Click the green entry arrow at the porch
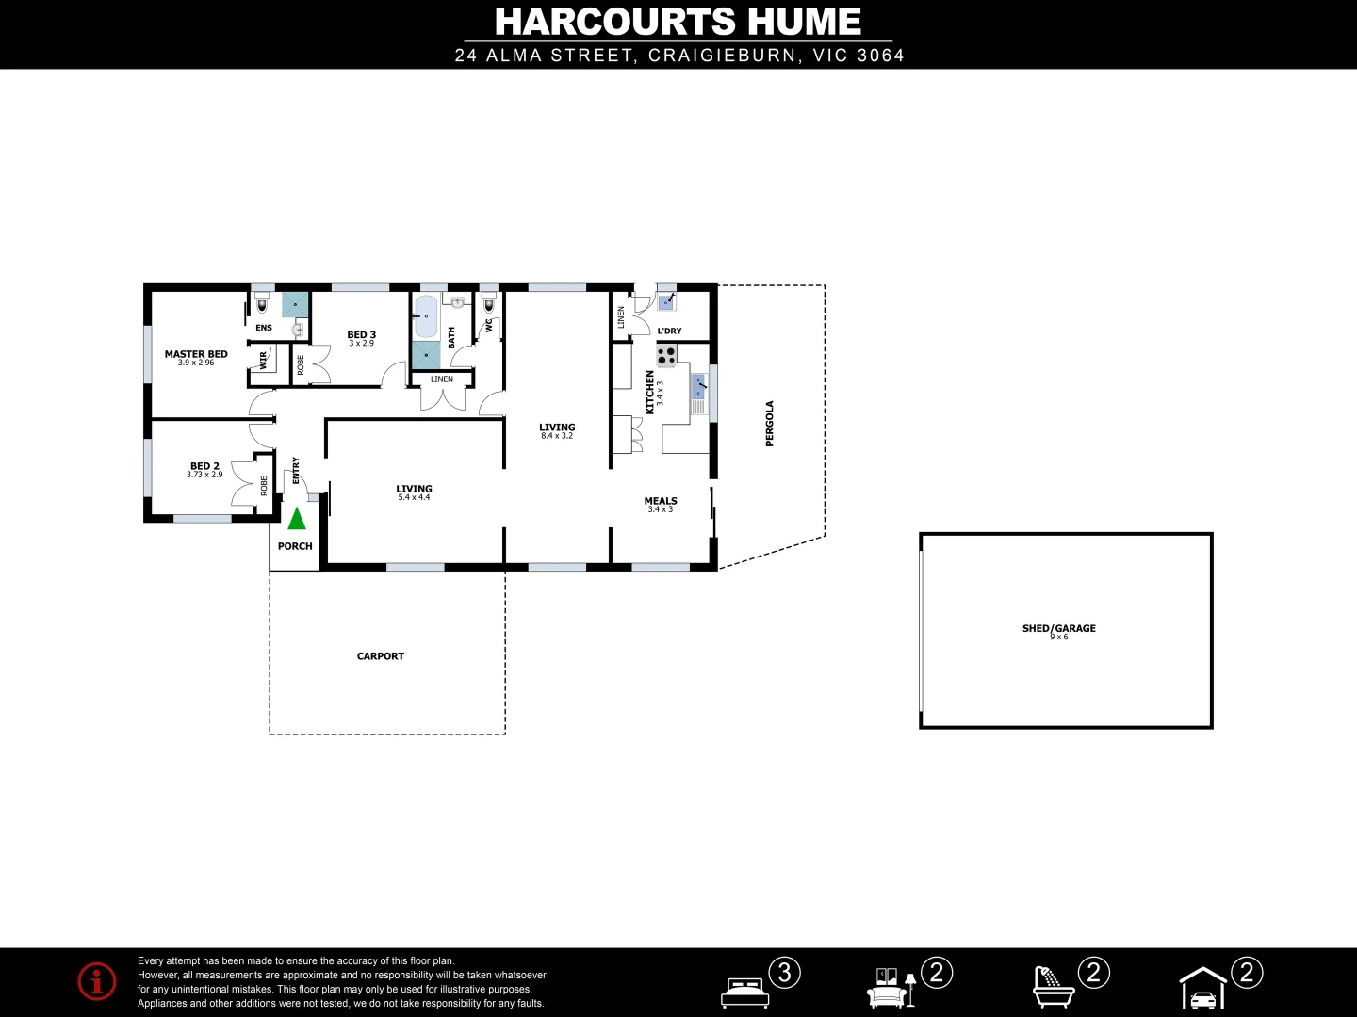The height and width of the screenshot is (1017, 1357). click(x=297, y=518)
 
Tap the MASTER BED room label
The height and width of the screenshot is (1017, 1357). click(x=196, y=354)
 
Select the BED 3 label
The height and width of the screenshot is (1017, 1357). click(x=361, y=334)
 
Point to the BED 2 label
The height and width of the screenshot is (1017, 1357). click(x=204, y=466)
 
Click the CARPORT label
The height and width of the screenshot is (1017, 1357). click(x=381, y=656)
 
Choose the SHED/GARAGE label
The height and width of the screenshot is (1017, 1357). click(x=1058, y=628)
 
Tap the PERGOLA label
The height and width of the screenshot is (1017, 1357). click(x=770, y=424)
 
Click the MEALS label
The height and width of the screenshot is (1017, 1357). click(x=661, y=501)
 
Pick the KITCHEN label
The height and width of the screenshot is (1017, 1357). click(x=649, y=392)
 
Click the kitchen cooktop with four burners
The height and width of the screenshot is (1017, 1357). click(x=666, y=356)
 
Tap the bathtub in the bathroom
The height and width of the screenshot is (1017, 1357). click(x=426, y=316)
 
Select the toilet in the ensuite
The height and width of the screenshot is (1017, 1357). click(x=262, y=306)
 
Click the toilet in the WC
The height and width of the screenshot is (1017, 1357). click(x=489, y=306)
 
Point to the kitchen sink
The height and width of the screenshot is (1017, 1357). click(x=698, y=386)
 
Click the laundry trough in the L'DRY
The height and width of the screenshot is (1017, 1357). click(x=666, y=302)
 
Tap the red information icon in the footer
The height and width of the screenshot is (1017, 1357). click(x=97, y=981)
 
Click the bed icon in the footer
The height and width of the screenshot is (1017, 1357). click(x=744, y=993)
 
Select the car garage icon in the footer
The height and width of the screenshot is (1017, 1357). click(x=1203, y=989)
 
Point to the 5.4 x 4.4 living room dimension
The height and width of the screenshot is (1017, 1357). click(x=414, y=497)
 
